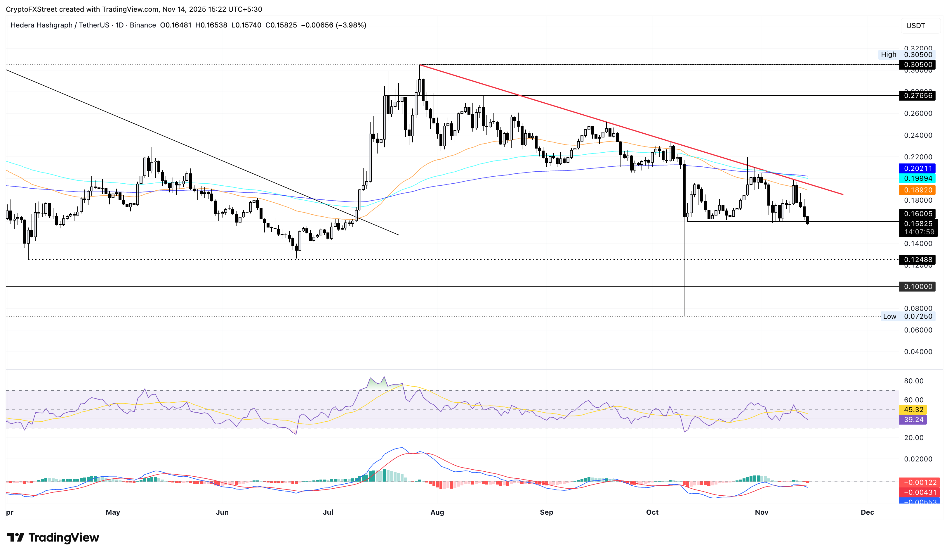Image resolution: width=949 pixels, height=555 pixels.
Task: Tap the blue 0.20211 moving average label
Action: [918, 168]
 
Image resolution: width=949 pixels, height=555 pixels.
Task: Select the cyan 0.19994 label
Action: [918, 178]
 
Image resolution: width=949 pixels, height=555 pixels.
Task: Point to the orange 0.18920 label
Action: [918, 190]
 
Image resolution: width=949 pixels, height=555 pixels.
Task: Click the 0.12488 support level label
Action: [918, 259]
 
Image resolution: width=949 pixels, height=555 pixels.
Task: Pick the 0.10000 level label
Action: [918, 287]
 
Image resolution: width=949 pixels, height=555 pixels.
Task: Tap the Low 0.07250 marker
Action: [908, 316]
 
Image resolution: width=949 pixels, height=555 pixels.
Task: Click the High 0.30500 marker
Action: [906, 54]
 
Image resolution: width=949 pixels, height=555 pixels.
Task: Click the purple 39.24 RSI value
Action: [913, 420]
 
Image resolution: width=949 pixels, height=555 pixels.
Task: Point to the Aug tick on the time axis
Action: [437, 512]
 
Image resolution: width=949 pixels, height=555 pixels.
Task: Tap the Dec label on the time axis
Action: [867, 512]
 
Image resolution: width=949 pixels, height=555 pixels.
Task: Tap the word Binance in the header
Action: [143, 25]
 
